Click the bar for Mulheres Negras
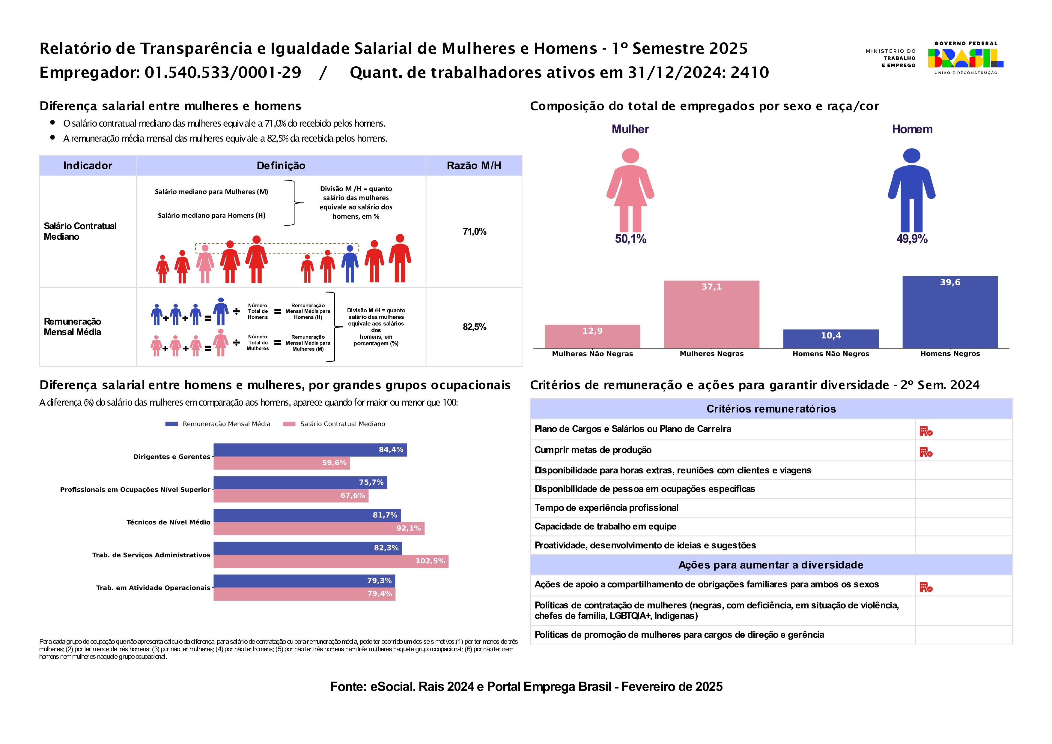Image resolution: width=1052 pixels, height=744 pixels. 711,314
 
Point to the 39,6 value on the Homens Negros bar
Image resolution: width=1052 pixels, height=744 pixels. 950,282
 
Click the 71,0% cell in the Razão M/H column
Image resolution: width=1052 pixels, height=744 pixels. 474,232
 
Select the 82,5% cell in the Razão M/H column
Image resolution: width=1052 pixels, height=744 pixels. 474,327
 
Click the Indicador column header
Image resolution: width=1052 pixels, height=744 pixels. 88,166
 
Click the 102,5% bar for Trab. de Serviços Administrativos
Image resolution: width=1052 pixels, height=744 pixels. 331,561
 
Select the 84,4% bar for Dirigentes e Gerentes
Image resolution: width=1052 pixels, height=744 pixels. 310,450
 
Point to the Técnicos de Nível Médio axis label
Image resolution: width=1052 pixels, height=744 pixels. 168,522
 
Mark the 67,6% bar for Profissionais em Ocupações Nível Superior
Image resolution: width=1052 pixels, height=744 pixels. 291,496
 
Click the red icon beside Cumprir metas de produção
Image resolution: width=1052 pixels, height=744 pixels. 925,452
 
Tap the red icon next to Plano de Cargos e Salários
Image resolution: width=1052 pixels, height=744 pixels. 925,431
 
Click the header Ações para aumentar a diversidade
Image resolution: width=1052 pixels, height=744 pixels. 771,565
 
